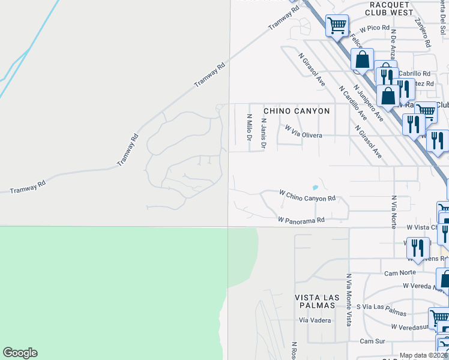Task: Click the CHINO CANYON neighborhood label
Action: click(x=297, y=111)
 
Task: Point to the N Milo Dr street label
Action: click(x=249, y=127)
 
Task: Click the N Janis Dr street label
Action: click(x=263, y=132)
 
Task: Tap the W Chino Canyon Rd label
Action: click(x=307, y=195)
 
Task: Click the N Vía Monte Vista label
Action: click(x=348, y=300)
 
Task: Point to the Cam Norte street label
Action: click(x=400, y=272)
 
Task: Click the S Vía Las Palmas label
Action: click(x=381, y=310)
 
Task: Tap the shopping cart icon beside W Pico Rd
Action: click(x=337, y=25)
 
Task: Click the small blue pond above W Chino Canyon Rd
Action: click(x=315, y=187)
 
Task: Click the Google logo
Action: click(x=20, y=353)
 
